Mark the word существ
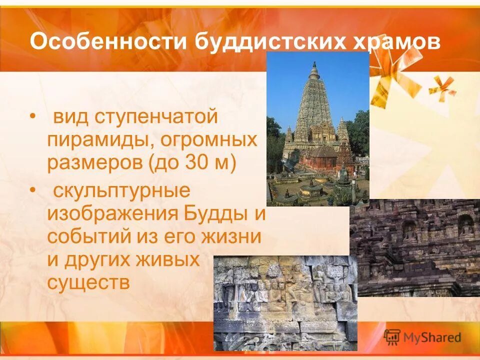[89, 282]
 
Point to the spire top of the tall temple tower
[314, 65]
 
